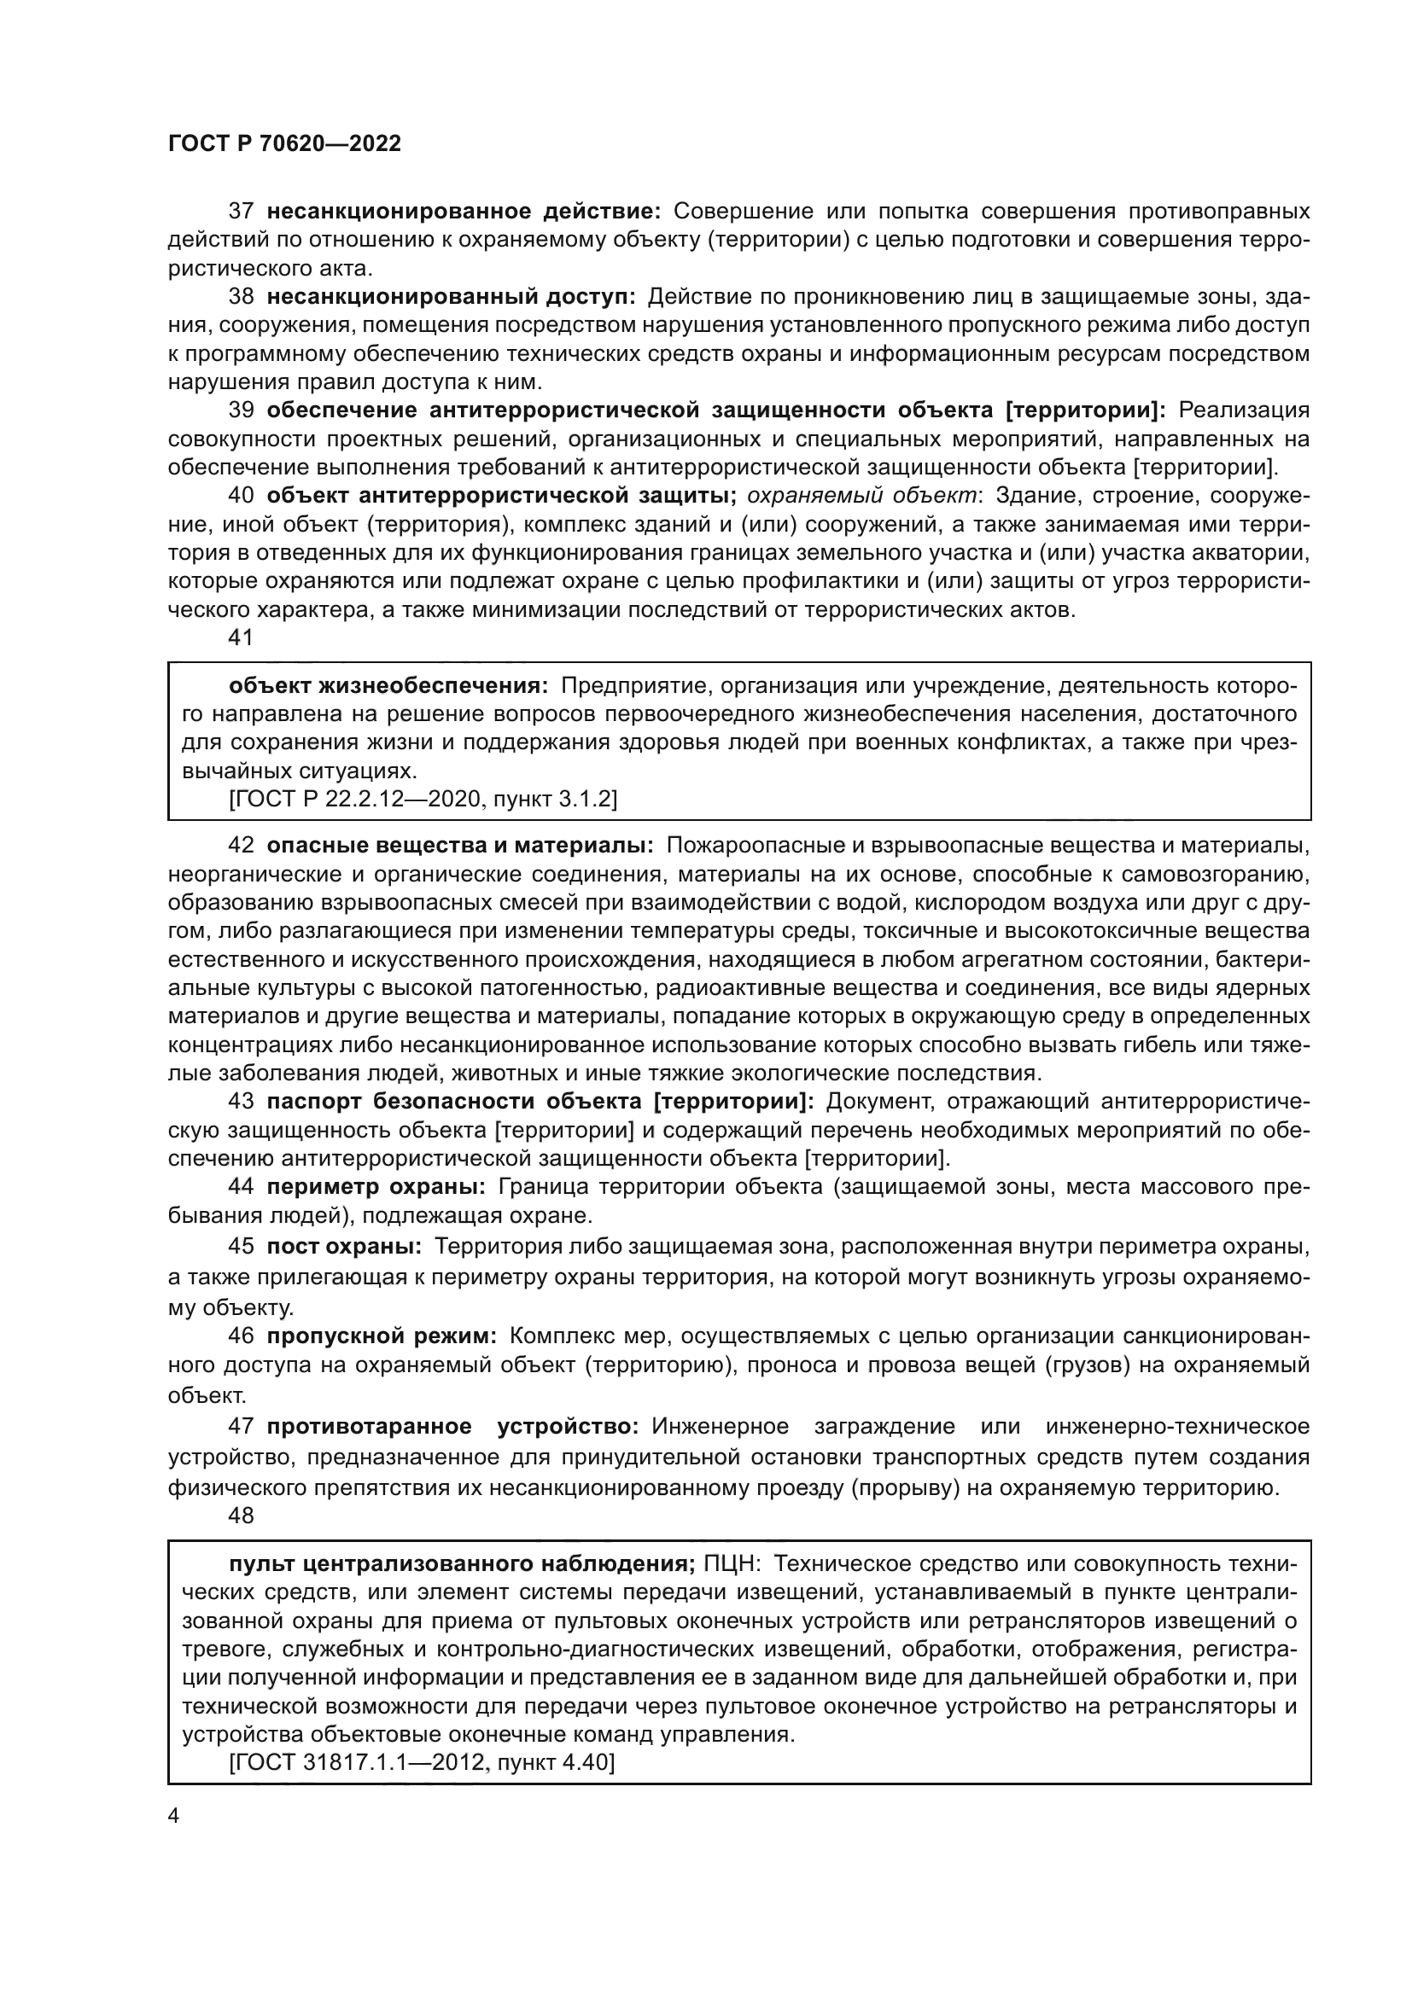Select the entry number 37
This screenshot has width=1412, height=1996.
(241, 212)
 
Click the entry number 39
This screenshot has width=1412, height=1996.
(241, 410)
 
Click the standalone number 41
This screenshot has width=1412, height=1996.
(241, 637)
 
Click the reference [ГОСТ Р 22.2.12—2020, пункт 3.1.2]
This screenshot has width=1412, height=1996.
(423, 799)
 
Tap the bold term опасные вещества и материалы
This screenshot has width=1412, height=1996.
(460, 845)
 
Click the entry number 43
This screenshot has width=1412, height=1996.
(241, 1102)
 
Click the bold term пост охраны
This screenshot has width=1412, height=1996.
(343, 1247)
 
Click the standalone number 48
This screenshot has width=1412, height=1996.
(241, 1516)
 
